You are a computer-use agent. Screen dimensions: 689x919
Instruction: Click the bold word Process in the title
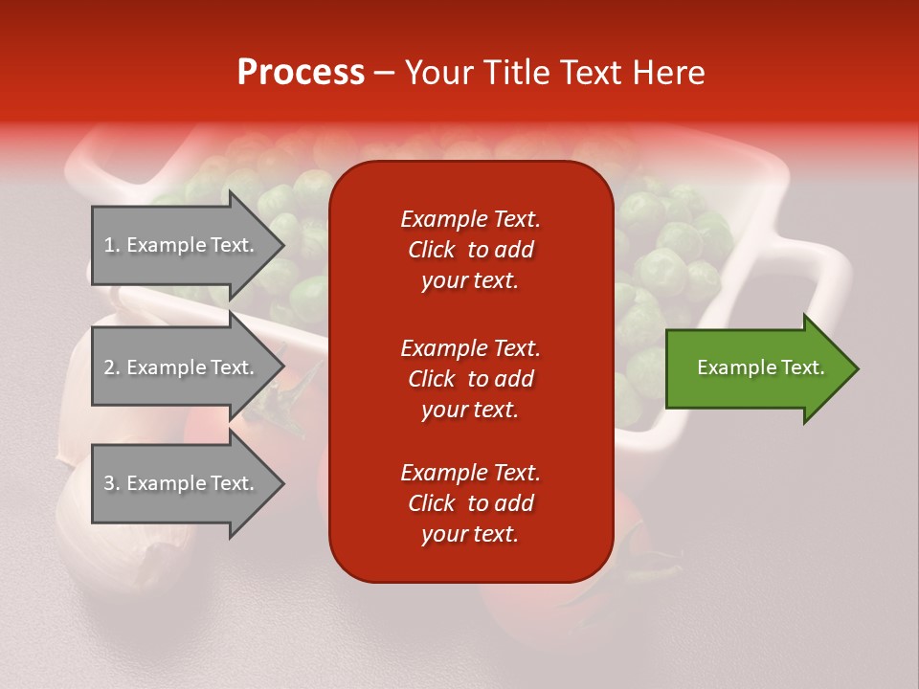pos(301,73)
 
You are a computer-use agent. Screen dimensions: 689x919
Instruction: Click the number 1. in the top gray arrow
pos(112,246)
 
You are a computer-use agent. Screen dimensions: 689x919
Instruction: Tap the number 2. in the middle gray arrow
pos(112,368)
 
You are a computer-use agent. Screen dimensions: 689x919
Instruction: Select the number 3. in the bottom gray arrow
pos(112,484)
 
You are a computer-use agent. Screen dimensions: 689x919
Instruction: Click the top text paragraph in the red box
pos(470,250)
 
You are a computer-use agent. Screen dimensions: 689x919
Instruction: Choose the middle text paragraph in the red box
pos(470,379)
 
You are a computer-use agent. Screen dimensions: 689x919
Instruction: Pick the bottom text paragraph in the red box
pos(470,503)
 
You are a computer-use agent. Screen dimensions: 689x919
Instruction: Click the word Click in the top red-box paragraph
pos(432,250)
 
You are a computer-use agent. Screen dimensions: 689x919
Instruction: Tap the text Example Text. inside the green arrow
pos(760,368)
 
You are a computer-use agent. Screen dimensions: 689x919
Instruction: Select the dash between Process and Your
pos(384,73)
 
